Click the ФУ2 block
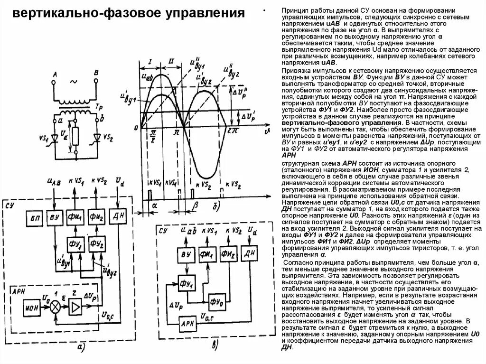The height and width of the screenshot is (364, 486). (x=96, y=243)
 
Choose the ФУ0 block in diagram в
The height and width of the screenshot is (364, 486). (x=218, y=300)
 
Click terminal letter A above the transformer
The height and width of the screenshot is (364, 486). (x=55, y=73)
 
